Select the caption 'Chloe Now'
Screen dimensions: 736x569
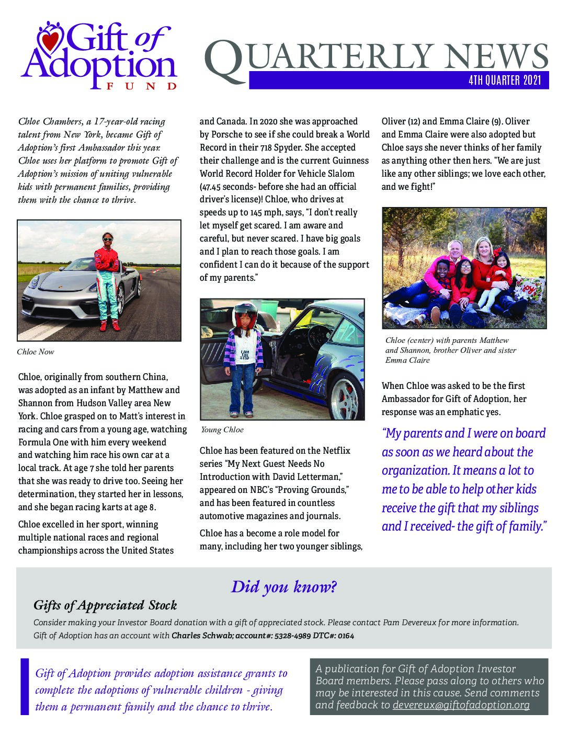36,352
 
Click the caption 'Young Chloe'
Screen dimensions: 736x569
222,430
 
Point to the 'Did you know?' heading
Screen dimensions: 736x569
283,586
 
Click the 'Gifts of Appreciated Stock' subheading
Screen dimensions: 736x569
105,605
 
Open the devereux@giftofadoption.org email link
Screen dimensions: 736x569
461,705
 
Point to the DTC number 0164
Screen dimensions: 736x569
346,636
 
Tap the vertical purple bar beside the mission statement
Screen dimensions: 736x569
24,686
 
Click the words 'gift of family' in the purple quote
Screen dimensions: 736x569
515,526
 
